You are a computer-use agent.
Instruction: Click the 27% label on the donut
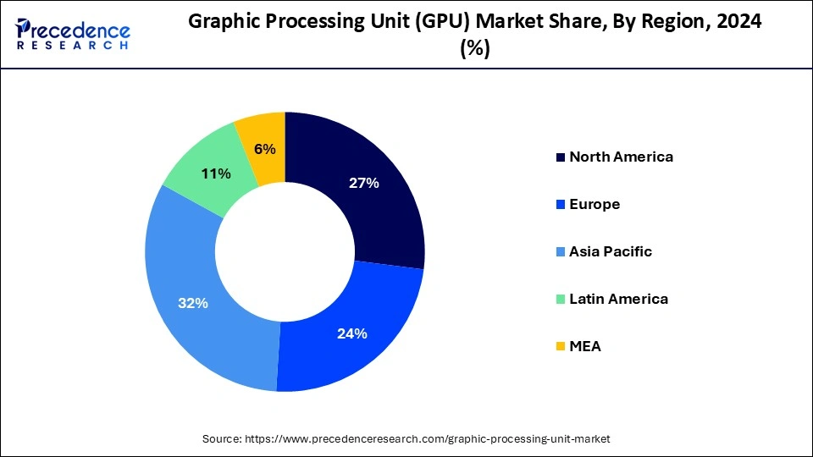coord(362,183)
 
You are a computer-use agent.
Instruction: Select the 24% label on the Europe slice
coord(351,333)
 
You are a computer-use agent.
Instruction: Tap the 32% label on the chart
coord(193,303)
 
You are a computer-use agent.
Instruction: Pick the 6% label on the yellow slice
coord(264,149)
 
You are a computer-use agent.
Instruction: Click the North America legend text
coord(621,157)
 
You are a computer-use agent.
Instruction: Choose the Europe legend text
coord(595,204)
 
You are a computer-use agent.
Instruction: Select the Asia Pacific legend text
coord(611,251)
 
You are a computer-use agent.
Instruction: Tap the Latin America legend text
coord(618,299)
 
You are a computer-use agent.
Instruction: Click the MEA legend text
coord(585,346)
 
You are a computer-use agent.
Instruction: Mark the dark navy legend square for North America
coord(560,157)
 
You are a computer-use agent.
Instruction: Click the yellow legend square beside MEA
coord(560,347)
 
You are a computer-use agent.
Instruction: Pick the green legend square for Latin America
coord(560,300)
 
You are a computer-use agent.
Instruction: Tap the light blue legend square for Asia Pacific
coord(560,252)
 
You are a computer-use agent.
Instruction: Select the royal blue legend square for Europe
coord(560,205)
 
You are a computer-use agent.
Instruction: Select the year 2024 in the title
coord(739,23)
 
